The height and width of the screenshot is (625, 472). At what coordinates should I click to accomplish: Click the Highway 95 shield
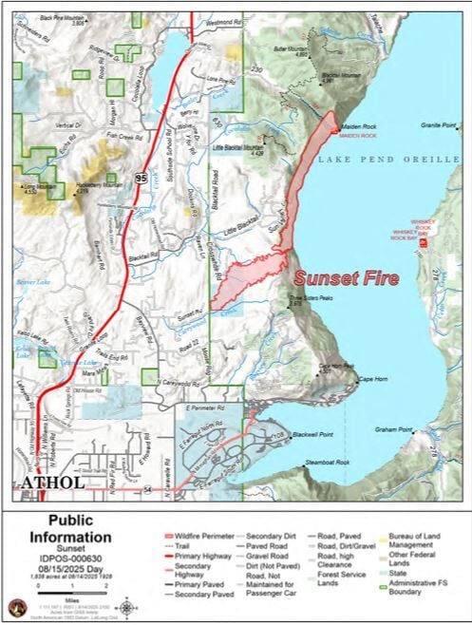141,177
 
